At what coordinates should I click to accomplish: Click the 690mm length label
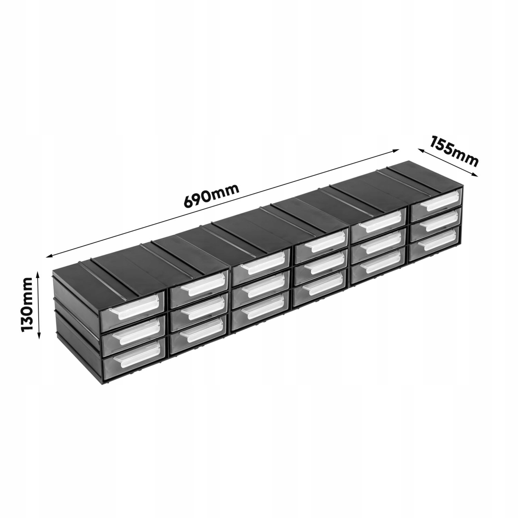[x=211, y=195]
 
